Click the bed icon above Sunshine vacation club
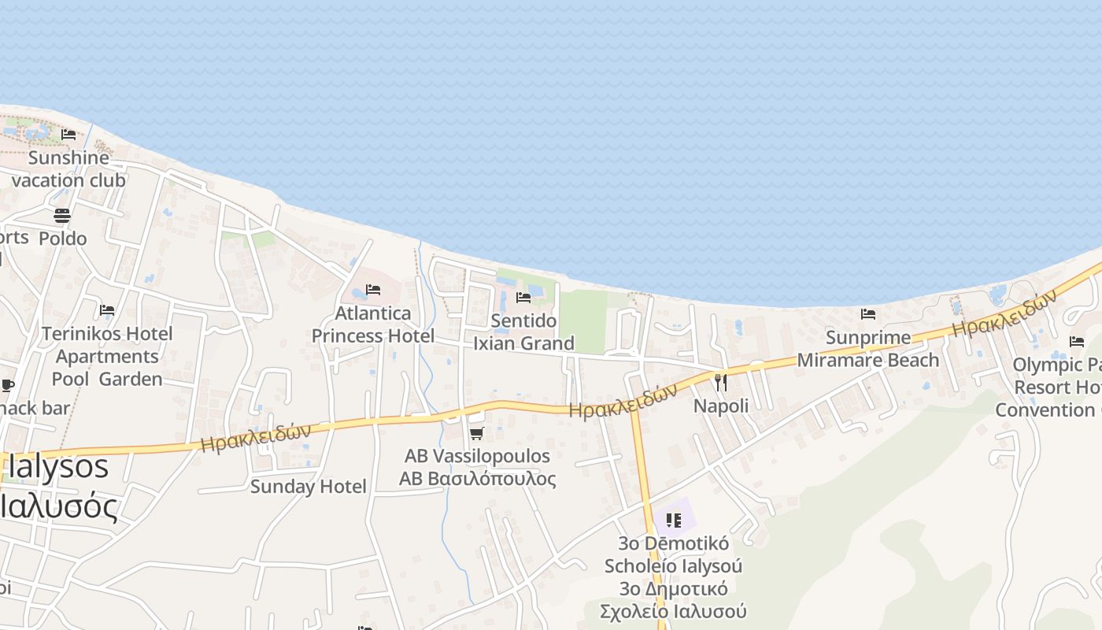[68, 135]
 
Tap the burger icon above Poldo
[62, 215]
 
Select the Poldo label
[63, 238]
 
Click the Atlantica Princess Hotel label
[373, 324]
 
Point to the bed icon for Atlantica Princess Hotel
[373, 290]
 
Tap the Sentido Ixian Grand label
[523, 332]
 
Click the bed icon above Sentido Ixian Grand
[523, 298]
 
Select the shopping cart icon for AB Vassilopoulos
[476, 433]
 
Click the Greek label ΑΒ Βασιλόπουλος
[477, 479]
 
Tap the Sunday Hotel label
[308, 487]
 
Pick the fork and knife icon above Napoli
[721, 383]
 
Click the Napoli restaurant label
[721, 406]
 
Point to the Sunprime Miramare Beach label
[868, 349]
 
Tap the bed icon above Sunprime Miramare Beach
[868, 313]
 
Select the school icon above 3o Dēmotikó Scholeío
[673, 520]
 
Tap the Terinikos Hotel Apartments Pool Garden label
[107, 356]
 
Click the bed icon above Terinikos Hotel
[107, 310]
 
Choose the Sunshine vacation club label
[68, 169]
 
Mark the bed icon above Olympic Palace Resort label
[1077, 342]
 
